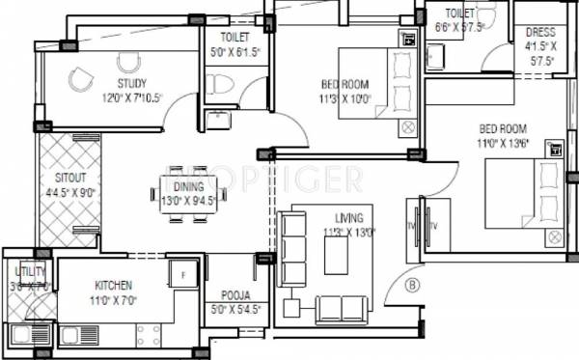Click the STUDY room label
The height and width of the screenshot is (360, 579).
(x=132, y=84)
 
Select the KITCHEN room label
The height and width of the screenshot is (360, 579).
(x=113, y=286)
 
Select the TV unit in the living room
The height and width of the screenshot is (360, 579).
(x=426, y=227)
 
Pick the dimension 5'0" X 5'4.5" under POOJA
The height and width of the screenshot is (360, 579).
(x=234, y=310)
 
